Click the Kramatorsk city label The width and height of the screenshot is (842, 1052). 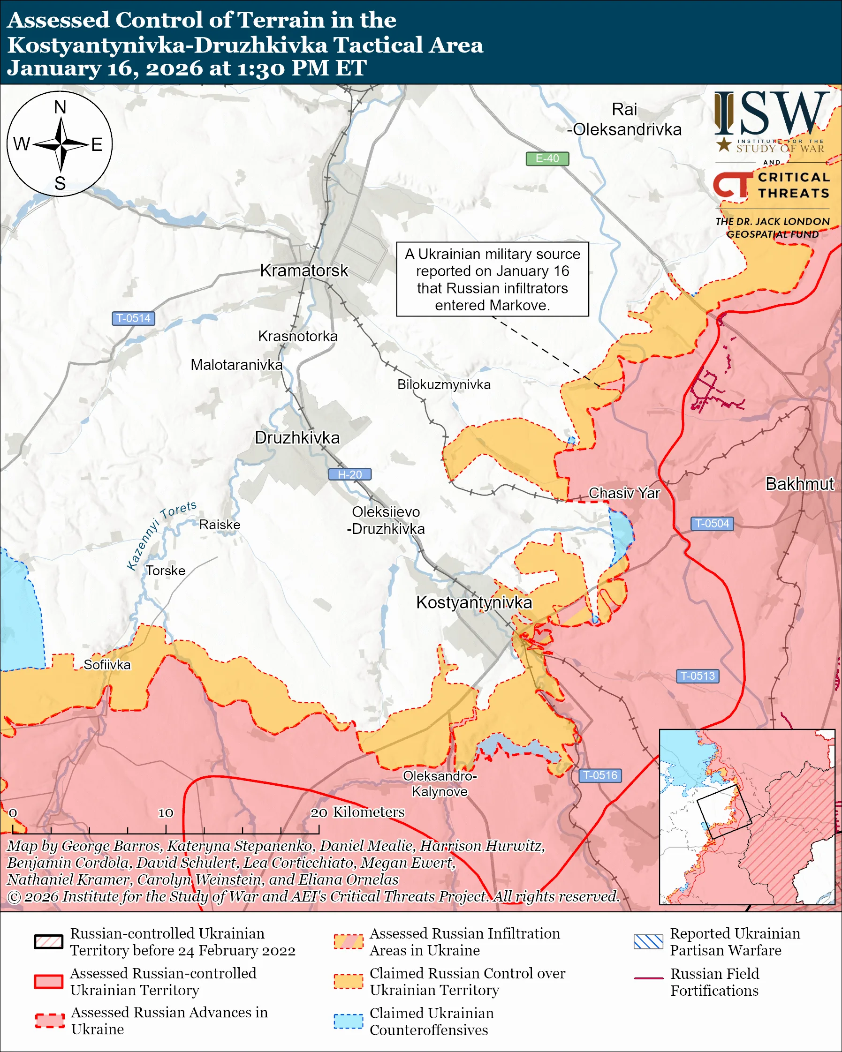(303, 271)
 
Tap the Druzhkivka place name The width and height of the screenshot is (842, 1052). (297, 438)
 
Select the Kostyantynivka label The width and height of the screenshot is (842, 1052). (473, 602)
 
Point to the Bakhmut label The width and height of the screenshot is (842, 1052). (799, 484)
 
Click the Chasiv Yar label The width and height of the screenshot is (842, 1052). (624, 493)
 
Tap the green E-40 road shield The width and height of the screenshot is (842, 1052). (546, 158)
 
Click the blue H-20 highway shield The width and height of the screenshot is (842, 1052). (349, 474)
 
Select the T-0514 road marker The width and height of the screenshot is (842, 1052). (133, 318)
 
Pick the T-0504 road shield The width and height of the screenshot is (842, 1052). (712, 524)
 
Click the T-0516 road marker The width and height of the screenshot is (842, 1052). (600, 775)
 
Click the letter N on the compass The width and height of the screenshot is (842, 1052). (60, 107)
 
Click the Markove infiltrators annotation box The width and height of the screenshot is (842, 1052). (492, 279)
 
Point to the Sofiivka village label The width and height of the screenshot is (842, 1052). (107, 665)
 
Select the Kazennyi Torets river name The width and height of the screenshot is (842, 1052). (161, 535)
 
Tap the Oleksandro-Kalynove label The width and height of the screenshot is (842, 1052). (440, 784)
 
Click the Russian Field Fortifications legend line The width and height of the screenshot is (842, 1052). (648, 978)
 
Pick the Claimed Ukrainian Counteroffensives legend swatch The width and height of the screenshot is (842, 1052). (348, 1021)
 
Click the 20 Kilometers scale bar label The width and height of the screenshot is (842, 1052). (357, 812)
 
